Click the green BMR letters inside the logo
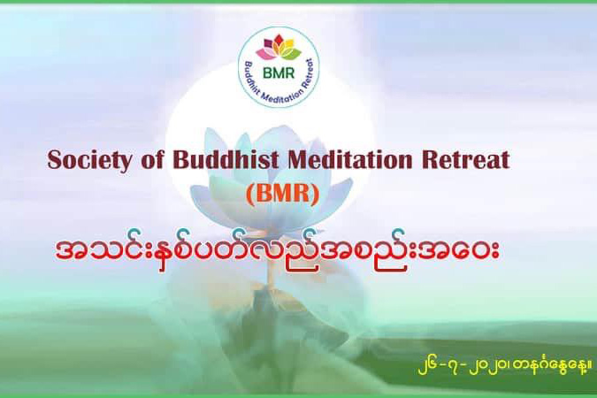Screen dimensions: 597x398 pos(279,73)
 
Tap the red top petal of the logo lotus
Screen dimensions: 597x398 pos(279,40)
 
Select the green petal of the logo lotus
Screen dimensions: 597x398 pos(293,55)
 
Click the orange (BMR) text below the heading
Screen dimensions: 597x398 pos(282,195)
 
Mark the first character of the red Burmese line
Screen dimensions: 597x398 pos(67,252)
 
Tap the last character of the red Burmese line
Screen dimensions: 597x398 pos(490,252)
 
